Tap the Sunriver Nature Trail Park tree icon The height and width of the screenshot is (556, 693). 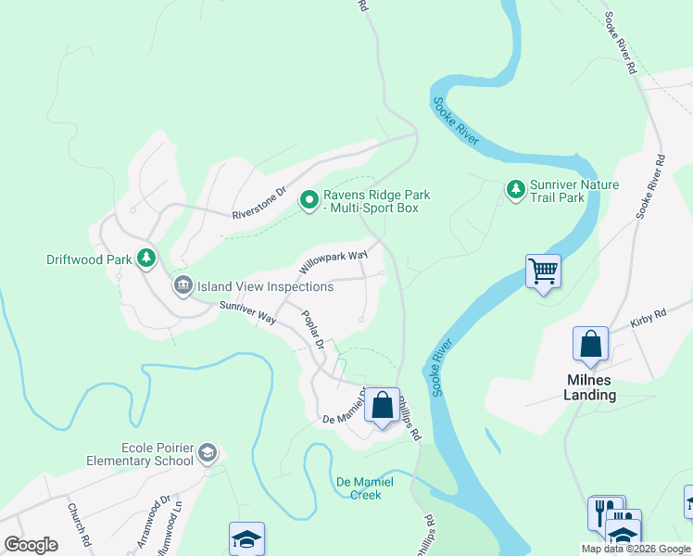[515, 191]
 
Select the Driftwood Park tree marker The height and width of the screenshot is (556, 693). [145, 259]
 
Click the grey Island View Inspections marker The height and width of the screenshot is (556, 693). [183, 285]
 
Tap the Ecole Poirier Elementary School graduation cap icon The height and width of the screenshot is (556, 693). [208, 453]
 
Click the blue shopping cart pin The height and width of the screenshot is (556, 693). [543, 272]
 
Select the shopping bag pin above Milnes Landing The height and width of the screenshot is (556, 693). [590, 345]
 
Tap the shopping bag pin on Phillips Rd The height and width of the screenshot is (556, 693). [382, 405]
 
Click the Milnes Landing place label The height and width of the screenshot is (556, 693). [590, 387]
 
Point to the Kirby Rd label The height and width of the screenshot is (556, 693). [649, 317]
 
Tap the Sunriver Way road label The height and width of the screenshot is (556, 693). [247, 312]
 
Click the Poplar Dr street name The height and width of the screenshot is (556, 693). [312, 330]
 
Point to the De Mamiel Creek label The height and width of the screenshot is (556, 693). [364, 487]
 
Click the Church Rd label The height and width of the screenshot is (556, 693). [77, 524]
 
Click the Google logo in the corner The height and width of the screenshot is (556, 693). [31, 545]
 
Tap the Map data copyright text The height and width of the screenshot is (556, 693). [635, 549]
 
